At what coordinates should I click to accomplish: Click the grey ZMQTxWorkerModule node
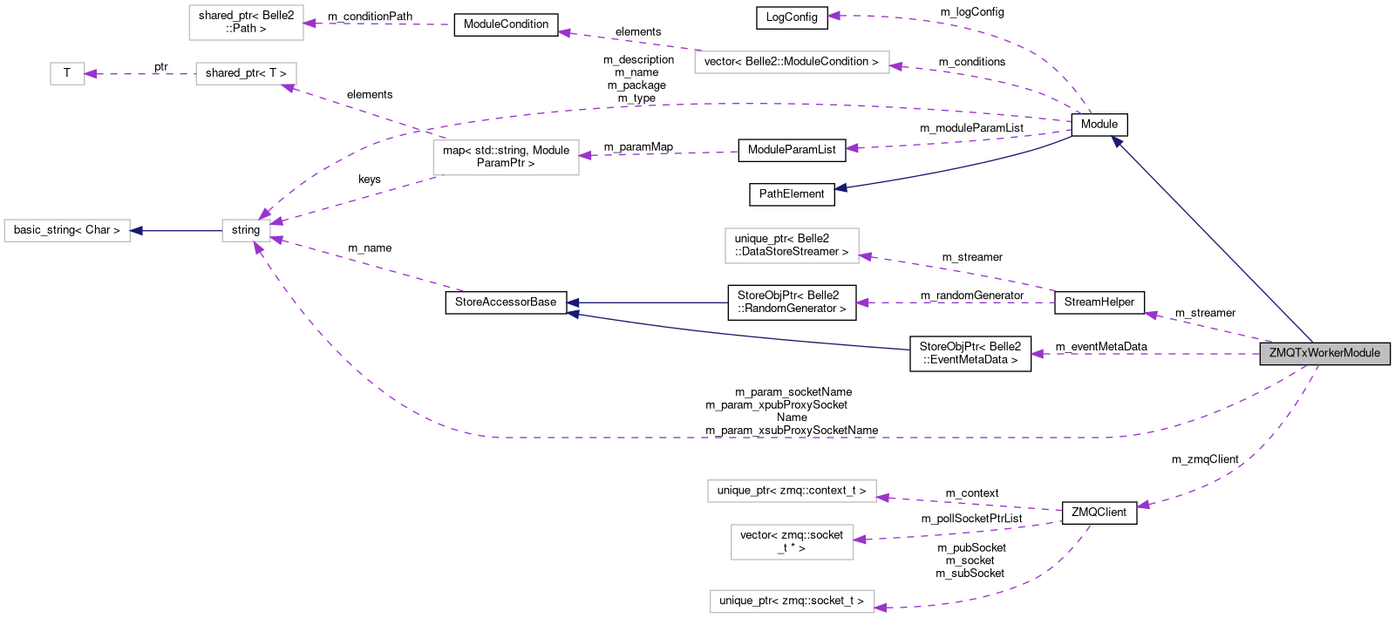point(1324,353)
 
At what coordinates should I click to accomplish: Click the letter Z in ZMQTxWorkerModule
point(1273,353)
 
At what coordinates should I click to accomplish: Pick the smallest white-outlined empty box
point(67,74)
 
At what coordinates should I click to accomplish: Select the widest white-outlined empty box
point(792,62)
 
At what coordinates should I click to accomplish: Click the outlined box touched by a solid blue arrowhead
point(67,231)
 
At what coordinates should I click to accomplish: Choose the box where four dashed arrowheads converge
point(246,231)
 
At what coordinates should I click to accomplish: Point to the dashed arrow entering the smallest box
point(139,74)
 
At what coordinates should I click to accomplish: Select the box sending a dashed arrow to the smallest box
point(246,74)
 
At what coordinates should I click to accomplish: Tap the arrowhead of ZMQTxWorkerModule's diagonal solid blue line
point(1116,141)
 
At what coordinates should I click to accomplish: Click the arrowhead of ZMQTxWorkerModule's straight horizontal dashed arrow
point(1036,354)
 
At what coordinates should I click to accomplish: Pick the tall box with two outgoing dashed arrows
point(506,158)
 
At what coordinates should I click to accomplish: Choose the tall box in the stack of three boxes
point(792,542)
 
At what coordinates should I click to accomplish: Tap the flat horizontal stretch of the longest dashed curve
point(785,438)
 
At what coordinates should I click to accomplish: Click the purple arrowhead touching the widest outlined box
point(895,66)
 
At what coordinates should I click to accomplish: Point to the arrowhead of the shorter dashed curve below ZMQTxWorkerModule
point(1142,505)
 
